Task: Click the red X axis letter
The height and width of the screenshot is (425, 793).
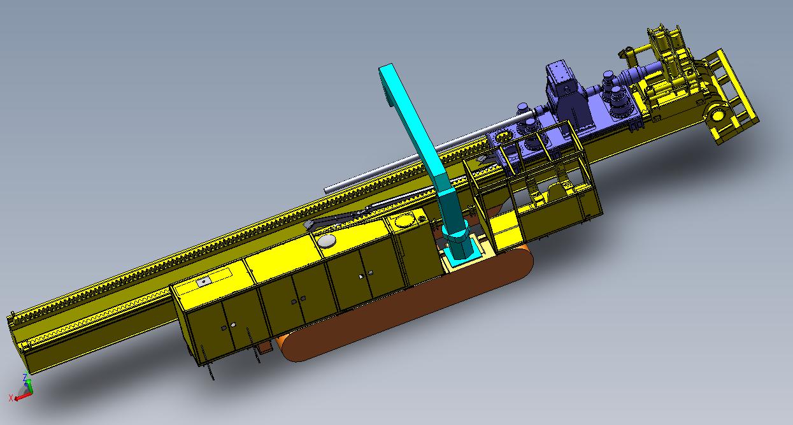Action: point(11,398)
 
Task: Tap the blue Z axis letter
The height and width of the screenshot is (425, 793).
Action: point(25,377)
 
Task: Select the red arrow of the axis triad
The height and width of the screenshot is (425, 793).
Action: point(22,397)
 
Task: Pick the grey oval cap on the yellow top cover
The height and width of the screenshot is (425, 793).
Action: point(327,241)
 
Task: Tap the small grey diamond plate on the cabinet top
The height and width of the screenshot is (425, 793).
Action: point(204,282)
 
